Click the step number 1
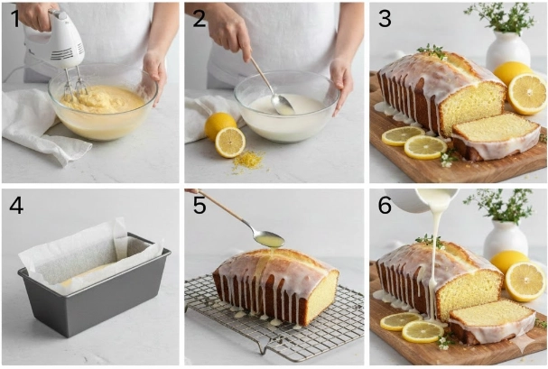tap(15, 19)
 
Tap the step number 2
tap(200, 19)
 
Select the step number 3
tap(385, 19)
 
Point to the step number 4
tap(16, 206)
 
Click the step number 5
tap(200, 206)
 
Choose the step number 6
tap(385, 206)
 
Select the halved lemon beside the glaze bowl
tap(229, 142)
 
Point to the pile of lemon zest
tap(247, 161)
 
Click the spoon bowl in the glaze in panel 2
tap(282, 104)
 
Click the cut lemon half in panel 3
tap(527, 94)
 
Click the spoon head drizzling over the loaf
tap(268, 239)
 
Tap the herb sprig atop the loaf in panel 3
tap(432, 51)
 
